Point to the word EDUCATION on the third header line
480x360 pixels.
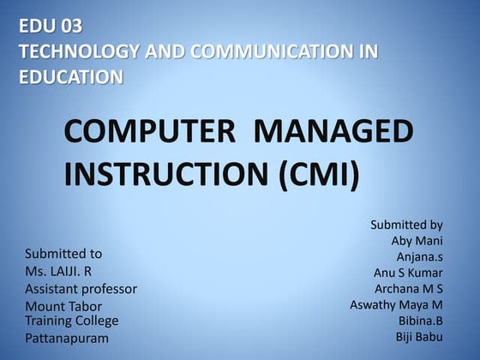tap(70, 77)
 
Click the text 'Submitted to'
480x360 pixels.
tap(63, 254)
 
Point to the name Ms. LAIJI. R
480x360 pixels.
tap(58, 271)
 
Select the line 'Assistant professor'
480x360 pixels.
tap(81, 289)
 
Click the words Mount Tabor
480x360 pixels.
tap(63, 306)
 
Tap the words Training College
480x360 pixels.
tap(71, 321)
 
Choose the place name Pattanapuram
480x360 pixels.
tap(67, 339)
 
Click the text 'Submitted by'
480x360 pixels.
tap(406, 225)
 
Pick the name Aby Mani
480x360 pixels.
tap(417, 241)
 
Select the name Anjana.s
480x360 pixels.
tap(419, 256)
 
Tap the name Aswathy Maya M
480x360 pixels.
tap(396, 304)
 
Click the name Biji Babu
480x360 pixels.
tap(419, 336)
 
